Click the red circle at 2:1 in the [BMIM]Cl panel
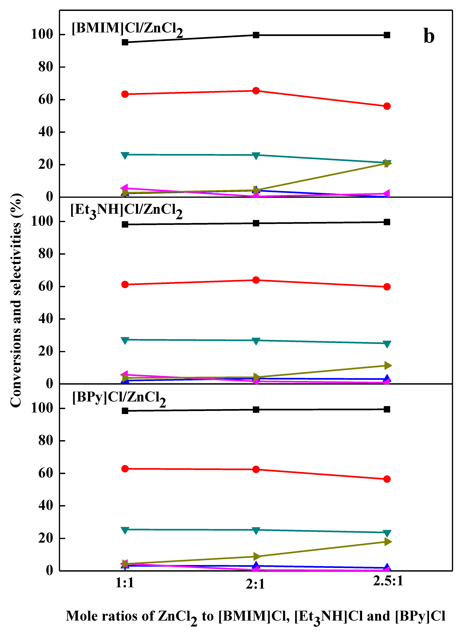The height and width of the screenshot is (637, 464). click(x=256, y=91)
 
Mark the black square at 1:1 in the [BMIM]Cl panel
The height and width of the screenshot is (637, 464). click(x=125, y=42)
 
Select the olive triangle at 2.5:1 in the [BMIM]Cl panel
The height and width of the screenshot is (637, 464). click(x=387, y=163)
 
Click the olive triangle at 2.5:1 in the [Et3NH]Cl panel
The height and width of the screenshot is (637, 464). click(x=387, y=365)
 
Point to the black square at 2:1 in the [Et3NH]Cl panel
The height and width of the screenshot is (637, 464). click(x=256, y=223)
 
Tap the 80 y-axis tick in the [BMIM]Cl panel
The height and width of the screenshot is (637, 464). click(x=46, y=67)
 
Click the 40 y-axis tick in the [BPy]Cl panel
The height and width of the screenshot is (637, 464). click(x=46, y=506)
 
